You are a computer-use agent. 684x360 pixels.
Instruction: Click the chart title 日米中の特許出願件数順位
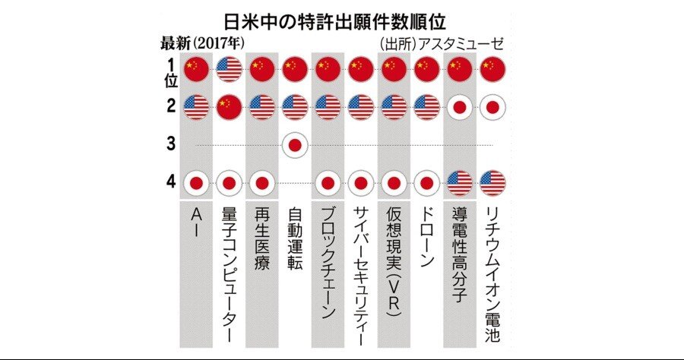341,19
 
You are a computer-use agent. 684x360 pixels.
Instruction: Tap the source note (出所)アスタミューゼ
442,43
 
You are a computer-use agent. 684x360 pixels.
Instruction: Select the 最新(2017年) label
201,43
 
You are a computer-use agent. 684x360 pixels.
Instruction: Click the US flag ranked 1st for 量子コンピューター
230,69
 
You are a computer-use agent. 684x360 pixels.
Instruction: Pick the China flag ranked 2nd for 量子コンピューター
230,106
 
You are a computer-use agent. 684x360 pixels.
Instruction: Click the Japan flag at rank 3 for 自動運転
295,144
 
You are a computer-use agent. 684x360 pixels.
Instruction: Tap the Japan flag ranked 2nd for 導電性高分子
459,106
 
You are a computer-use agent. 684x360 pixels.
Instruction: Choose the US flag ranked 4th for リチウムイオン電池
492,182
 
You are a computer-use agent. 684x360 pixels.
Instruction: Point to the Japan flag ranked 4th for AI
197,182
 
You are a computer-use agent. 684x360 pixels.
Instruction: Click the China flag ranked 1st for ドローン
426,69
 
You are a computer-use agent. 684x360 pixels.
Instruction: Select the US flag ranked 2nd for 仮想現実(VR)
394,106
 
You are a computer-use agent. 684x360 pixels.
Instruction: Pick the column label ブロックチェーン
328,263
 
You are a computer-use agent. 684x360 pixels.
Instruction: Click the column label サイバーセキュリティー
360,273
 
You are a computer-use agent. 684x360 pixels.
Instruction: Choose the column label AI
197,224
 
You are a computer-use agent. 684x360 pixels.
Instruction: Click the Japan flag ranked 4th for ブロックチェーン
328,182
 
